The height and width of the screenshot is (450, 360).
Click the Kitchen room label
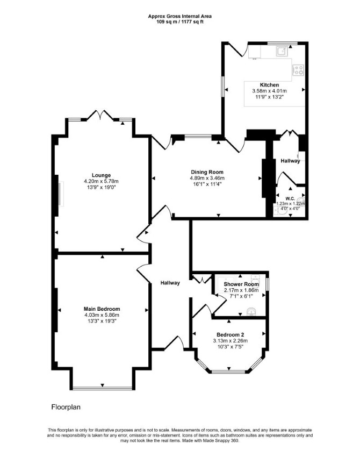coord(269,85)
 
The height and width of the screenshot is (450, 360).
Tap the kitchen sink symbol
coord(282,51)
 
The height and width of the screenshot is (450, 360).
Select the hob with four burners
coord(298,70)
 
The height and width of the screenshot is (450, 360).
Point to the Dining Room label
coord(207,172)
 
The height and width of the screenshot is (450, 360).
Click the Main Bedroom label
coord(102,309)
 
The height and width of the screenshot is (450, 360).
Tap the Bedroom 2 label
coord(231,335)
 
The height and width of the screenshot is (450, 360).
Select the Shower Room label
coord(241,284)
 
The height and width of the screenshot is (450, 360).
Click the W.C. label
coord(290,198)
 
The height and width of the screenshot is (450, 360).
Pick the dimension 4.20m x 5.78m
coord(101,181)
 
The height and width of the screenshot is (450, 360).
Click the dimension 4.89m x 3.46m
coord(207,178)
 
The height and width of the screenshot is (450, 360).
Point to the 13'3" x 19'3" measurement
coord(102,321)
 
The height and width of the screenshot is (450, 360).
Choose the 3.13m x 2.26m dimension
coord(231,341)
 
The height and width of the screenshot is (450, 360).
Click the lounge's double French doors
coord(100,116)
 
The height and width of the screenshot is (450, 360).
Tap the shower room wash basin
coord(251,311)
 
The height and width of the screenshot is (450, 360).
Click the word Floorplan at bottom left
coord(66,407)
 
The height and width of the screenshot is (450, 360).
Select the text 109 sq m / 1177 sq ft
coord(180,22)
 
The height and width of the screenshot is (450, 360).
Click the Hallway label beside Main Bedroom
coord(170,283)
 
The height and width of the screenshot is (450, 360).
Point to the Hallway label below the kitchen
coord(290,161)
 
